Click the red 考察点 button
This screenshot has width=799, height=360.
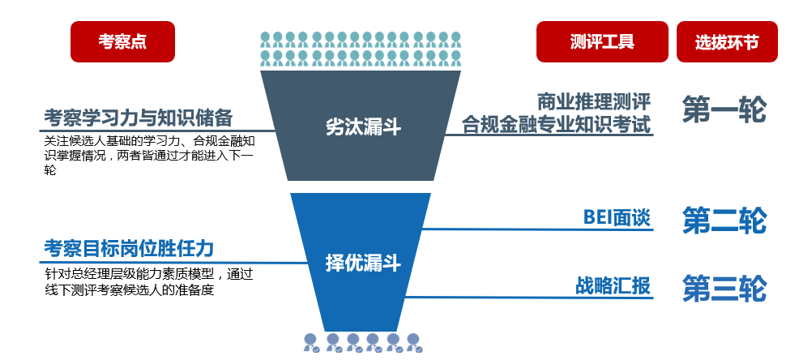pyautogui.click(x=122, y=42)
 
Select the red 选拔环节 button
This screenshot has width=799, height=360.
pyautogui.click(x=726, y=42)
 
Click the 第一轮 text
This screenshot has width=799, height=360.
pyautogui.click(x=724, y=111)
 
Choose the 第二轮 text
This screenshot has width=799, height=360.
pyautogui.click(x=724, y=221)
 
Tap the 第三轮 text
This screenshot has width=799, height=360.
pyautogui.click(x=724, y=288)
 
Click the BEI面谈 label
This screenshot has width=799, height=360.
pyautogui.click(x=617, y=217)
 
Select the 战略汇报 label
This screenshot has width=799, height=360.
pyautogui.click(x=613, y=285)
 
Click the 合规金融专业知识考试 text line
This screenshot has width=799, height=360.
pyautogui.click(x=557, y=125)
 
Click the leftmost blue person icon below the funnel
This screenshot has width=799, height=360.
pyautogui.click(x=310, y=342)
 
